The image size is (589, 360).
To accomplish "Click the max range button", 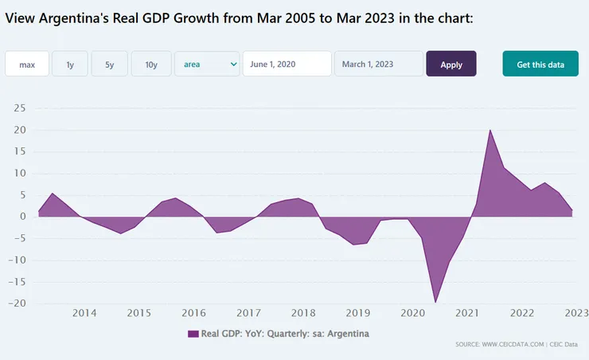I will pyautogui.click(x=27, y=65).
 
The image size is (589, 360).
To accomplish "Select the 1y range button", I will pyautogui.click(x=70, y=65).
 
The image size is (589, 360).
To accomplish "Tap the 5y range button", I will pyautogui.click(x=110, y=65).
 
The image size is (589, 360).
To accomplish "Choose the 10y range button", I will pyautogui.click(x=151, y=65).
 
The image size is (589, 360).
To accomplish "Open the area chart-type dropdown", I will pyautogui.click(x=207, y=65).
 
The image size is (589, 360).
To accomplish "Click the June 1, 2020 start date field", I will pyautogui.click(x=286, y=65).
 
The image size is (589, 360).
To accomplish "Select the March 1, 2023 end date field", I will pyautogui.click(x=378, y=65).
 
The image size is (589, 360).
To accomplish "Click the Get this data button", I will pyautogui.click(x=540, y=65).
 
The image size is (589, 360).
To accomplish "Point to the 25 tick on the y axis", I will pyautogui.click(x=21, y=108).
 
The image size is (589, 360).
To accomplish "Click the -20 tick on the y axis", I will pyautogui.click(x=19, y=303).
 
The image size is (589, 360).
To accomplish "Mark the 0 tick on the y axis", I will pyautogui.click(x=24, y=217).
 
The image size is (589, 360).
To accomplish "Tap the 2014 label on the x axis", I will pyautogui.click(x=84, y=313).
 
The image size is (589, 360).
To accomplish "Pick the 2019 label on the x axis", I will pyautogui.click(x=358, y=313).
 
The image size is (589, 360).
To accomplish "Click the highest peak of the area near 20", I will pyautogui.click(x=490, y=130).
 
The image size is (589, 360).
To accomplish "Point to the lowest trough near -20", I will pyautogui.click(x=435, y=302).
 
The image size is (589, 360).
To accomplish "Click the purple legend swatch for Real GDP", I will pyautogui.click(x=193, y=334).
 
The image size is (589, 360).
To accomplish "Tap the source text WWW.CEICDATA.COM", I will pyautogui.click(x=501, y=344).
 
